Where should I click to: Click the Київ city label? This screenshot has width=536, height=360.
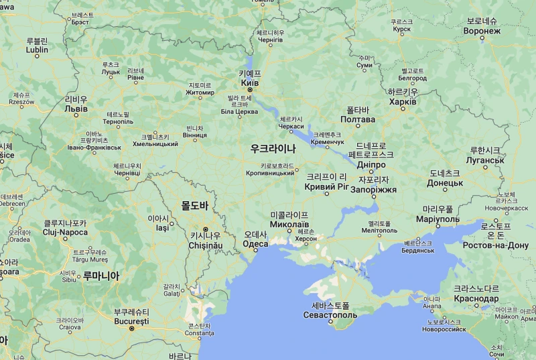click(249, 82)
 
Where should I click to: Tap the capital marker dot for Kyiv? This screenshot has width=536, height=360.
click(250, 89)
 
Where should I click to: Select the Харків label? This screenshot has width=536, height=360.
click(403, 101)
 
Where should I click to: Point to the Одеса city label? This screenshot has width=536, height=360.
click(255, 244)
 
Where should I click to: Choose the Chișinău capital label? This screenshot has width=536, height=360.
click(206, 246)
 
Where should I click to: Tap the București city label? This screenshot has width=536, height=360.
click(131, 322)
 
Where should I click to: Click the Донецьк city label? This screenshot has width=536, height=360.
click(445, 182)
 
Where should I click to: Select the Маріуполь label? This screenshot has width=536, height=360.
click(438, 219)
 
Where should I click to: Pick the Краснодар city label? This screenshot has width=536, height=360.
click(476, 298)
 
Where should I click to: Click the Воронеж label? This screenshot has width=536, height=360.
click(482, 31)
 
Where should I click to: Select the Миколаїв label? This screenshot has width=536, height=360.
click(289, 223)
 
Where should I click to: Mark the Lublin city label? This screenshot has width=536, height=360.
click(37, 50)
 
